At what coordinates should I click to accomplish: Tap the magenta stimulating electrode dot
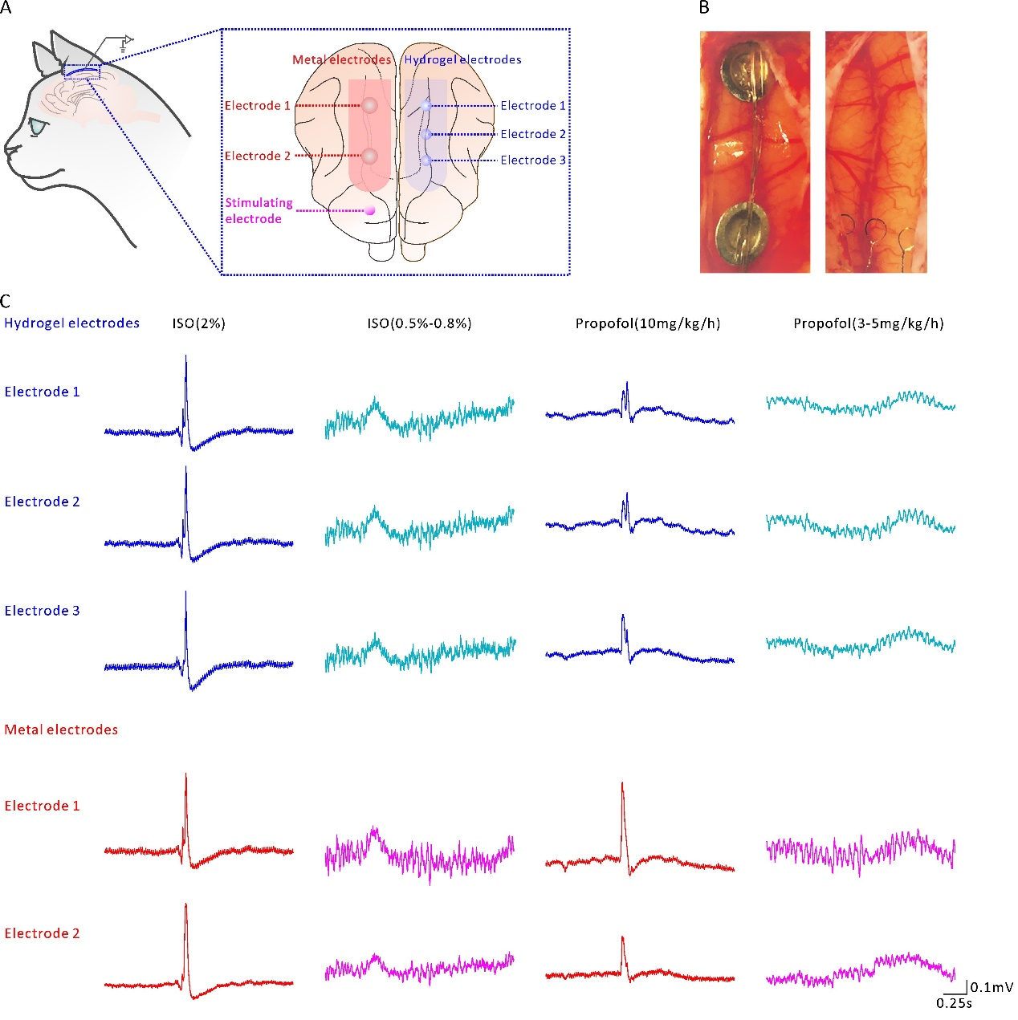[x=369, y=211]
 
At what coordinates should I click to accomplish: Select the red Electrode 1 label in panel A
[x=258, y=105]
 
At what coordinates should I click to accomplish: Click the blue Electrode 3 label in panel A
[x=533, y=160]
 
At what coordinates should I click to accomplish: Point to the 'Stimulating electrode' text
[x=259, y=211]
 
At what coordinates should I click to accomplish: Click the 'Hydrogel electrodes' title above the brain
[x=462, y=60]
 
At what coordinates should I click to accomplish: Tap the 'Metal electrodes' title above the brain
[x=342, y=60]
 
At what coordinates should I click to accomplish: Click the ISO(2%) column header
[x=198, y=323]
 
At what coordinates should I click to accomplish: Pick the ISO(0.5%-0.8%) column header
[x=419, y=323]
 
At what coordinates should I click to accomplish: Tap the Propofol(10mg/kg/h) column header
[x=648, y=323]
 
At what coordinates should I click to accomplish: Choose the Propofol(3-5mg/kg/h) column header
[x=869, y=323]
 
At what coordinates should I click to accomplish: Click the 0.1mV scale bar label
[x=992, y=986]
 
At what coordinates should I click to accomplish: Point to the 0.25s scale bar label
[x=954, y=1003]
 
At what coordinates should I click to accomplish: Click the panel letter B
[x=704, y=8]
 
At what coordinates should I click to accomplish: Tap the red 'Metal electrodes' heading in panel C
[x=61, y=729]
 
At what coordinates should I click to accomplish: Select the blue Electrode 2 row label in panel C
[x=42, y=502]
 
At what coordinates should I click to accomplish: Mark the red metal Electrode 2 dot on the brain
[x=369, y=156]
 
